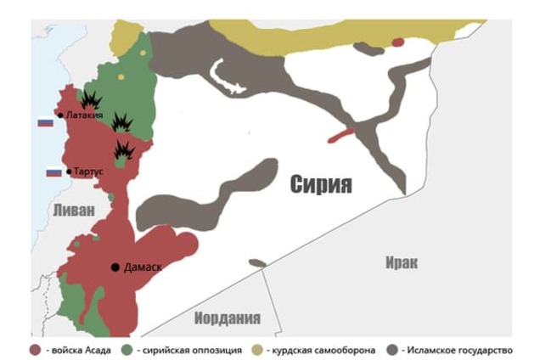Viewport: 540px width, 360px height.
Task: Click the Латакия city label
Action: coord(84,115)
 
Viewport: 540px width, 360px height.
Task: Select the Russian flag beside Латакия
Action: coord(45,121)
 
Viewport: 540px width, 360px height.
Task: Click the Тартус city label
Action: coord(88,172)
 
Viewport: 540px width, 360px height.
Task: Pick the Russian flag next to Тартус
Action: coord(53,172)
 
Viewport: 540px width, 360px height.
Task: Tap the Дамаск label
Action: coord(142,267)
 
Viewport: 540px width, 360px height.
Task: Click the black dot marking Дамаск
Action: coord(115,267)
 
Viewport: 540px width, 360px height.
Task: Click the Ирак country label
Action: coord(401,262)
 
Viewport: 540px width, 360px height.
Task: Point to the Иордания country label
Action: coord(227,318)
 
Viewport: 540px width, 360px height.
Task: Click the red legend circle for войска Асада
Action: coord(34,349)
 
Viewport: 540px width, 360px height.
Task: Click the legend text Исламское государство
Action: coord(459,349)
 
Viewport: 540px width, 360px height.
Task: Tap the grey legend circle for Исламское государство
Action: coord(392,349)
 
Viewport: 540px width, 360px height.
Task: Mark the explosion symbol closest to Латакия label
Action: coord(91,99)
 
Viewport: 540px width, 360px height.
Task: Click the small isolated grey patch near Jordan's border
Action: coord(257,263)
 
